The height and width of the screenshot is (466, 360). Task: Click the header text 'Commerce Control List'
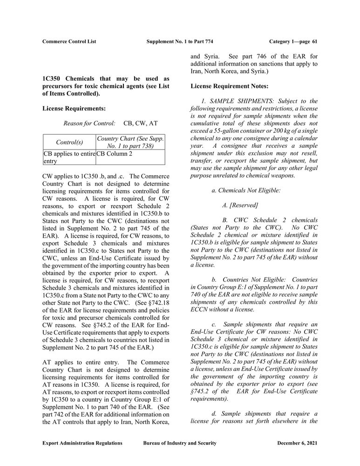[69, 41]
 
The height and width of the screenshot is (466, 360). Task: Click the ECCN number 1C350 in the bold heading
[51, 78]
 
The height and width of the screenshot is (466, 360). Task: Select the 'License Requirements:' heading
[74, 109]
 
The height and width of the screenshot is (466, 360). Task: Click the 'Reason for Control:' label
[89, 123]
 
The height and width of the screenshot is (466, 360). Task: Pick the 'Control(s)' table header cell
[69, 142]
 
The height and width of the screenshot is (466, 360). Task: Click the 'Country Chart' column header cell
[130, 142]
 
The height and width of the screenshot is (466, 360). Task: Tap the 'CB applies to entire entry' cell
[69, 157]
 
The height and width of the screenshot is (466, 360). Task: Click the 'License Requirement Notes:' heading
[229, 86]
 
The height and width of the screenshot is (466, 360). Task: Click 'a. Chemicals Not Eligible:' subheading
[246, 191]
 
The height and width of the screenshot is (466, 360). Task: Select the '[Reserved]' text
[244, 205]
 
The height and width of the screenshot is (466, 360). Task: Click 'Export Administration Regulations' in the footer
[82, 443]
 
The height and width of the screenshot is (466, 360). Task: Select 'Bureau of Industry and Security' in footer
[180, 443]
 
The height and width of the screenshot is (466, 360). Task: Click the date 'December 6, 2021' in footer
[297, 443]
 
